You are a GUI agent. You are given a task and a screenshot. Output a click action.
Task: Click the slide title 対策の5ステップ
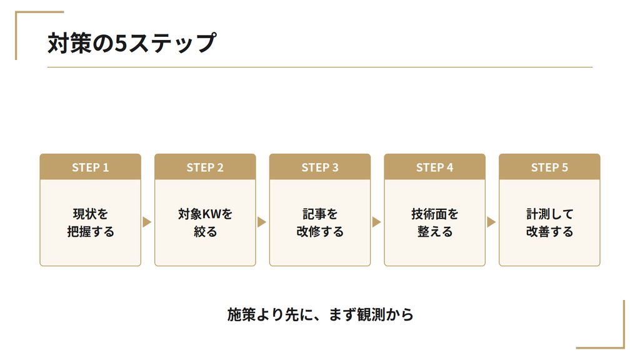(132, 43)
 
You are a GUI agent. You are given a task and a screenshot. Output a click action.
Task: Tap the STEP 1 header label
(90, 167)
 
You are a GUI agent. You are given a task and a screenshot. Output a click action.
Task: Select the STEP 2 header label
(205, 167)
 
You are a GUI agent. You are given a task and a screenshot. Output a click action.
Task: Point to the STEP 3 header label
(320, 167)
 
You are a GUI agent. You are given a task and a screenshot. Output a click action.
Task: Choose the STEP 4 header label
(435, 167)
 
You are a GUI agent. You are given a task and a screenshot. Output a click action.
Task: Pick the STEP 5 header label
(549, 167)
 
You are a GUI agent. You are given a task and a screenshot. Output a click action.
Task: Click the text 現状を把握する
(91, 222)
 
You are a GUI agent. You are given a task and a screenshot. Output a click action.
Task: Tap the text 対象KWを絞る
(205, 222)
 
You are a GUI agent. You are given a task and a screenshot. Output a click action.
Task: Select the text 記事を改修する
(320, 222)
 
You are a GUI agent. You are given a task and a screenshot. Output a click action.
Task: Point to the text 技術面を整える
(435, 222)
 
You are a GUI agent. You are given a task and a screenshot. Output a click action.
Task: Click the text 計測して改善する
(549, 222)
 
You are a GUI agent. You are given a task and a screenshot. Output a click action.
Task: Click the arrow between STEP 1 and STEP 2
(146, 222)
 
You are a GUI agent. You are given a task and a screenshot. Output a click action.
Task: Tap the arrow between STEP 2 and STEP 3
(261, 222)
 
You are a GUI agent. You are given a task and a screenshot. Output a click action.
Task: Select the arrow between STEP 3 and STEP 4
(376, 222)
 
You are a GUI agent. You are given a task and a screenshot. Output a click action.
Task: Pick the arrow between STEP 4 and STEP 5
(491, 222)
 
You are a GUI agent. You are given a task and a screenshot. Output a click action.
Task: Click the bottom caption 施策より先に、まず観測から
(321, 315)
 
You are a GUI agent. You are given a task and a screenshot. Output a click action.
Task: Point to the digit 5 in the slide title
(121, 43)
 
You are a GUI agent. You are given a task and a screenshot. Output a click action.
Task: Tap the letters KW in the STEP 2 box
(211, 214)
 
